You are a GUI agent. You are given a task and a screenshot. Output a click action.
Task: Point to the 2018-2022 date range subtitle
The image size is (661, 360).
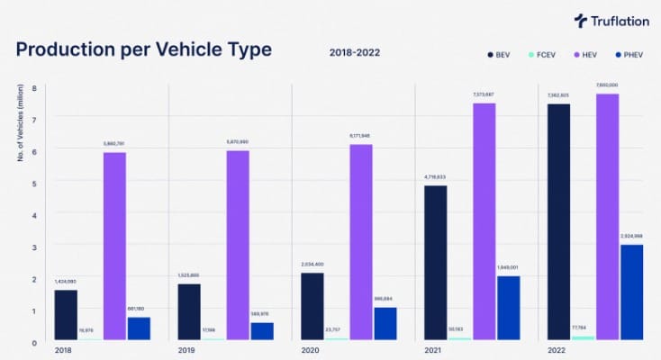[x=355, y=52]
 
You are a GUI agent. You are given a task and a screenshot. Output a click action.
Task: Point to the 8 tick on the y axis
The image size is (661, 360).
[x=34, y=88]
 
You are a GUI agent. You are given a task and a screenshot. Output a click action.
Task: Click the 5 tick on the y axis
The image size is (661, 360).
[x=34, y=184]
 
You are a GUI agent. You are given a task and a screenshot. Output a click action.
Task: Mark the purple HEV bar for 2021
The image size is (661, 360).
[x=484, y=221]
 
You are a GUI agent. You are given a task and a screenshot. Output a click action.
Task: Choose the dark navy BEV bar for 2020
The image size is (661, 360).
[x=312, y=306]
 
